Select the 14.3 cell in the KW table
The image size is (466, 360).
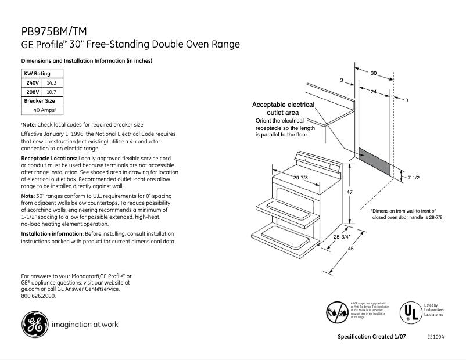point(52,83)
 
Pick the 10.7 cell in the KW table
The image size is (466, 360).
point(51,92)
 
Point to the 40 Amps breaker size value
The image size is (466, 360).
point(44,110)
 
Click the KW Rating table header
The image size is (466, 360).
point(37,74)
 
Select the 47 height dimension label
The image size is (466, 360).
point(350,192)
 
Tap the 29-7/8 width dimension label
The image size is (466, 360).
point(300,178)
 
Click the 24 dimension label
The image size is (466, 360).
point(373,91)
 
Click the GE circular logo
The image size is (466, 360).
point(35,325)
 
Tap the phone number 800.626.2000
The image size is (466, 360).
point(38,296)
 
